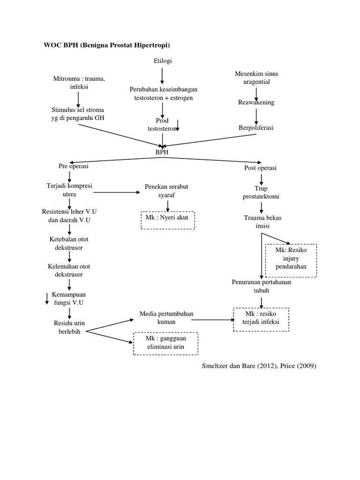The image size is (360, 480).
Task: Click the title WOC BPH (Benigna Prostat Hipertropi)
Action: (106, 45)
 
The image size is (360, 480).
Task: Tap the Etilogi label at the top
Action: (162, 61)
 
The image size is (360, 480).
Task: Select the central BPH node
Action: (162, 152)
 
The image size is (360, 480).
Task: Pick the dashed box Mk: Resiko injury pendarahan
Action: (291, 260)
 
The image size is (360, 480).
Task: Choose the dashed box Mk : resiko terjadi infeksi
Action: (261, 320)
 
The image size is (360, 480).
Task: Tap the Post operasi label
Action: (261, 168)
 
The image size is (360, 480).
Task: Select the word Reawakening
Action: (256, 102)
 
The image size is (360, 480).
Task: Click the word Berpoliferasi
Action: (256, 127)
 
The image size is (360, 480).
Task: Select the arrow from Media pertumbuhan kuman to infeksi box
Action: (212, 320)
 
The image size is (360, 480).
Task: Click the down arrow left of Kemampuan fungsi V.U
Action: (46, 299)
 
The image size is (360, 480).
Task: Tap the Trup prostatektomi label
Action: (261, 192)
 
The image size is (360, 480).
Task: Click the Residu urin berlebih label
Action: (69, 328)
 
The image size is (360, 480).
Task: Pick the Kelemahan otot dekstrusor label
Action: (69, 270)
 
